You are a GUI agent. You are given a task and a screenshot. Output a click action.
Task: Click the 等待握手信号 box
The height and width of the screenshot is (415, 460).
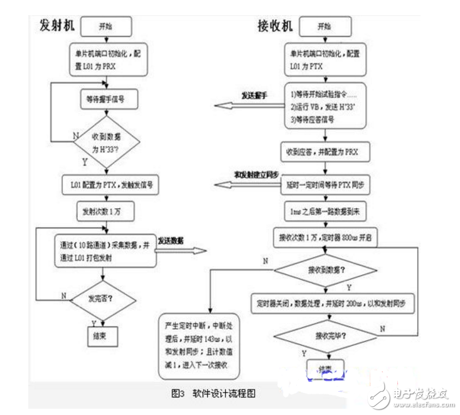110,98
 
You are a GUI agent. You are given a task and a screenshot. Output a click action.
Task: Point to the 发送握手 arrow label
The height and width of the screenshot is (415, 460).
254,96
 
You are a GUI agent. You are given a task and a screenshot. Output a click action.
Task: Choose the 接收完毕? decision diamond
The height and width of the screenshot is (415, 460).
323,335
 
